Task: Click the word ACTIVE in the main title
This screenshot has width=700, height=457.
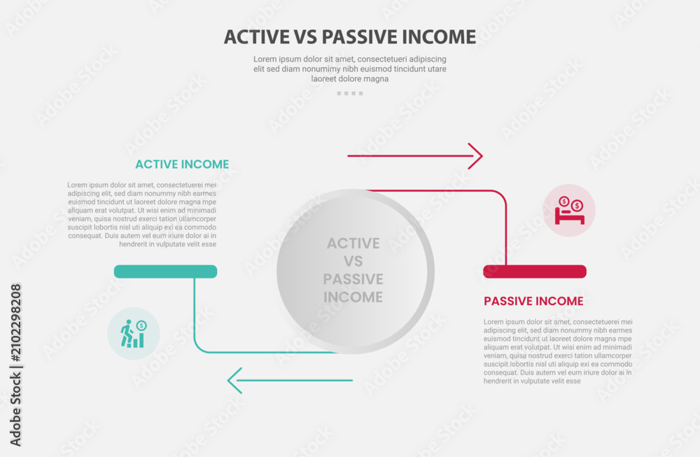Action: [x=257, y=37]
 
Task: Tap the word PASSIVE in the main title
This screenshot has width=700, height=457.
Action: [x=359, y=37]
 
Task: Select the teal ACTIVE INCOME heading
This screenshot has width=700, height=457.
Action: [x=182, y=164]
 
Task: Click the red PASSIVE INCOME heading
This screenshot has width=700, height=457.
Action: [x=533, y=301]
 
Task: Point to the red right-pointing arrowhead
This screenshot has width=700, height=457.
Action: [x=476, y=156]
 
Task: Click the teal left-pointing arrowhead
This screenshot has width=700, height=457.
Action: [x=234, y=381]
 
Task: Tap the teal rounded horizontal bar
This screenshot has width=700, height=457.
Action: [x=166, y=272]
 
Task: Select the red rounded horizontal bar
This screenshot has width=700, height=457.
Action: [x=535, y=272]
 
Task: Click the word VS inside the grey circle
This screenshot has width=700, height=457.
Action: [x=353, y=261]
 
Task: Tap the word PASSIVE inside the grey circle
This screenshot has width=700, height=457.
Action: [x=353, y=279]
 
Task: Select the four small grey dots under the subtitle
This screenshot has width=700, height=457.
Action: [x=350, y=93]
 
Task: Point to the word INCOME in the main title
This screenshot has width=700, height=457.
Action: [x=439, y=37]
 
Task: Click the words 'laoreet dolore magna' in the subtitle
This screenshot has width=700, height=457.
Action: [x=349, y=79]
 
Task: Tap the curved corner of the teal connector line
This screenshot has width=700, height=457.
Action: [x=199, y=347]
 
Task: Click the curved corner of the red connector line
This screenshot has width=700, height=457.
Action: [x=501, y=196]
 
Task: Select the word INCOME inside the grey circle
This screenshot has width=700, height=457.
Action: [x=353, y=297]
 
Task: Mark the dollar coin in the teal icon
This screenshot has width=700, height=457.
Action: [x=141, y=326]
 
